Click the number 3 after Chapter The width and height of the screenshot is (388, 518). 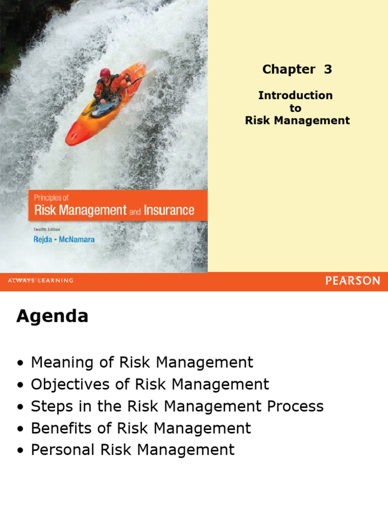pos(328,69)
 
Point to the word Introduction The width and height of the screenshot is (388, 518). pos(295,95)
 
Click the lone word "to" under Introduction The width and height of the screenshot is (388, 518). pos(295,108)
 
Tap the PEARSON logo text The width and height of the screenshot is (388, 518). pos(353,281)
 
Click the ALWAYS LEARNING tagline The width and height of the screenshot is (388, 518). pos(40,281)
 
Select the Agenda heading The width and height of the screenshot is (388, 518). pos(52,317)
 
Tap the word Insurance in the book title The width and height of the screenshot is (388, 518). pos(169,210)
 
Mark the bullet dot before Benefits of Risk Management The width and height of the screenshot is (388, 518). pos(20,429)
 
